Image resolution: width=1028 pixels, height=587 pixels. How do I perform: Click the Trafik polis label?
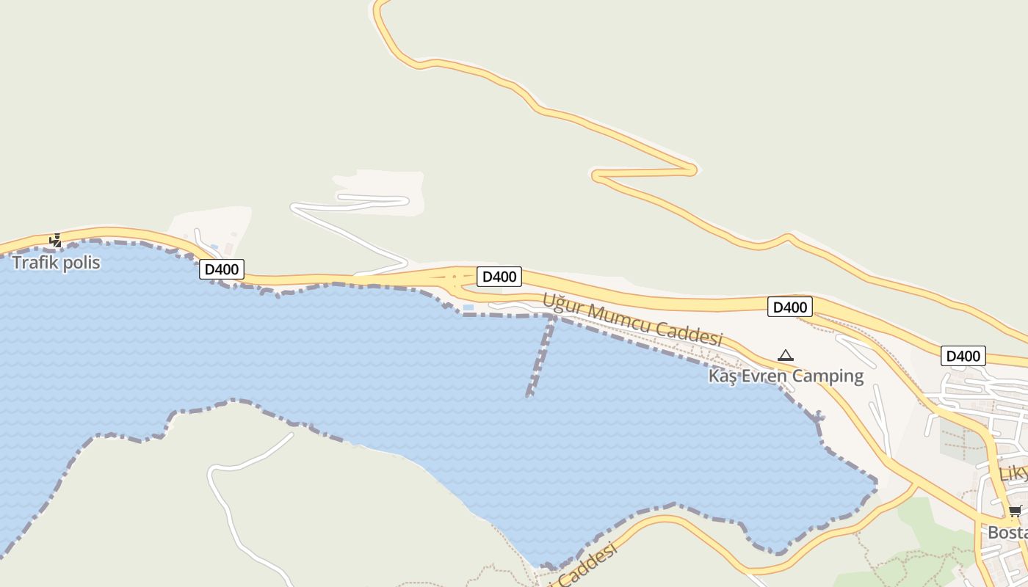click(56, 263)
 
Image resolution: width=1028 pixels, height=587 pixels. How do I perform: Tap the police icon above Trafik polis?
click(56, 240)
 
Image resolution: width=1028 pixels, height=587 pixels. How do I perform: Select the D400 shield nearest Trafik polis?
click(221, 269)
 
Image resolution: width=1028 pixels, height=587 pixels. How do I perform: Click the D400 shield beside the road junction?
click(499, 277)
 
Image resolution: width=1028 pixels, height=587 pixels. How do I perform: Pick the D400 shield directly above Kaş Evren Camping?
click(790, 307)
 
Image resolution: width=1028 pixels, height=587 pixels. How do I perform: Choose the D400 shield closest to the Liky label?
click(963, 357)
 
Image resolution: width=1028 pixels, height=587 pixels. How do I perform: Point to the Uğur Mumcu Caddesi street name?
click(633, 320)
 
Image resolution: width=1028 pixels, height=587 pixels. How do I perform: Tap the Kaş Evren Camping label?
click(786, 376)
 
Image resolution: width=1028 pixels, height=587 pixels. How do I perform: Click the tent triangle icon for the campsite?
click(786, 356)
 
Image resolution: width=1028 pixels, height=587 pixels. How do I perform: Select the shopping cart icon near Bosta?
click(1015, 511)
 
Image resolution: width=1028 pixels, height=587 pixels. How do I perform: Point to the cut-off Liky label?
click(1014, 473)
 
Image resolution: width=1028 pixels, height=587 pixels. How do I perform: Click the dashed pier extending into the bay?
click(540, 357)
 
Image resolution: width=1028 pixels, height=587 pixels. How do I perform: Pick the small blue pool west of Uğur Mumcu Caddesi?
click(468, 307)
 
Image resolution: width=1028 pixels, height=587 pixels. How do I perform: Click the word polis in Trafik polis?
click(81, 263)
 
